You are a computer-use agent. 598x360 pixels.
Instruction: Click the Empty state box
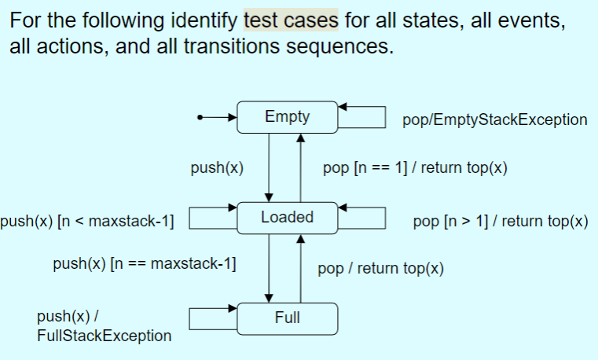pyautogui.click(x=287, y=117)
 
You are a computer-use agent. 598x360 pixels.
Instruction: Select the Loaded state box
pyautogui.click(x=287, y=217)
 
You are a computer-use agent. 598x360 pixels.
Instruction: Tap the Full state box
pyautogui.click(x=287, y=318)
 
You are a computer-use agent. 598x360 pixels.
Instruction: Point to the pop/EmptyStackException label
pyautogui.click(x=494, y=120)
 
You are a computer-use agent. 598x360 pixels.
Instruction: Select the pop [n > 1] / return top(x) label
pyautogui.click(x=500, y=222)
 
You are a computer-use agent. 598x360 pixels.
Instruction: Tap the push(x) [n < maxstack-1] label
pyautogui.click(x=87, y=222)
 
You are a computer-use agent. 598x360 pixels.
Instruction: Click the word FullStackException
pyautogui.click(x=104, y=336)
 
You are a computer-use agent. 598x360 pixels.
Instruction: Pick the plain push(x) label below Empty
pyautogui.click(x=217, y=169)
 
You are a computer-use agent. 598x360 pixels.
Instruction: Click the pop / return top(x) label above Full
pyautogui.click(x=380, y=269)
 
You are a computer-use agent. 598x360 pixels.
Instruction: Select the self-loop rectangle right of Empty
pyautogui.click(x=363, y=115)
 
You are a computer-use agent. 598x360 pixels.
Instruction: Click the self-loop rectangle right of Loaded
pyautogui.click(x=363, y=216)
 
